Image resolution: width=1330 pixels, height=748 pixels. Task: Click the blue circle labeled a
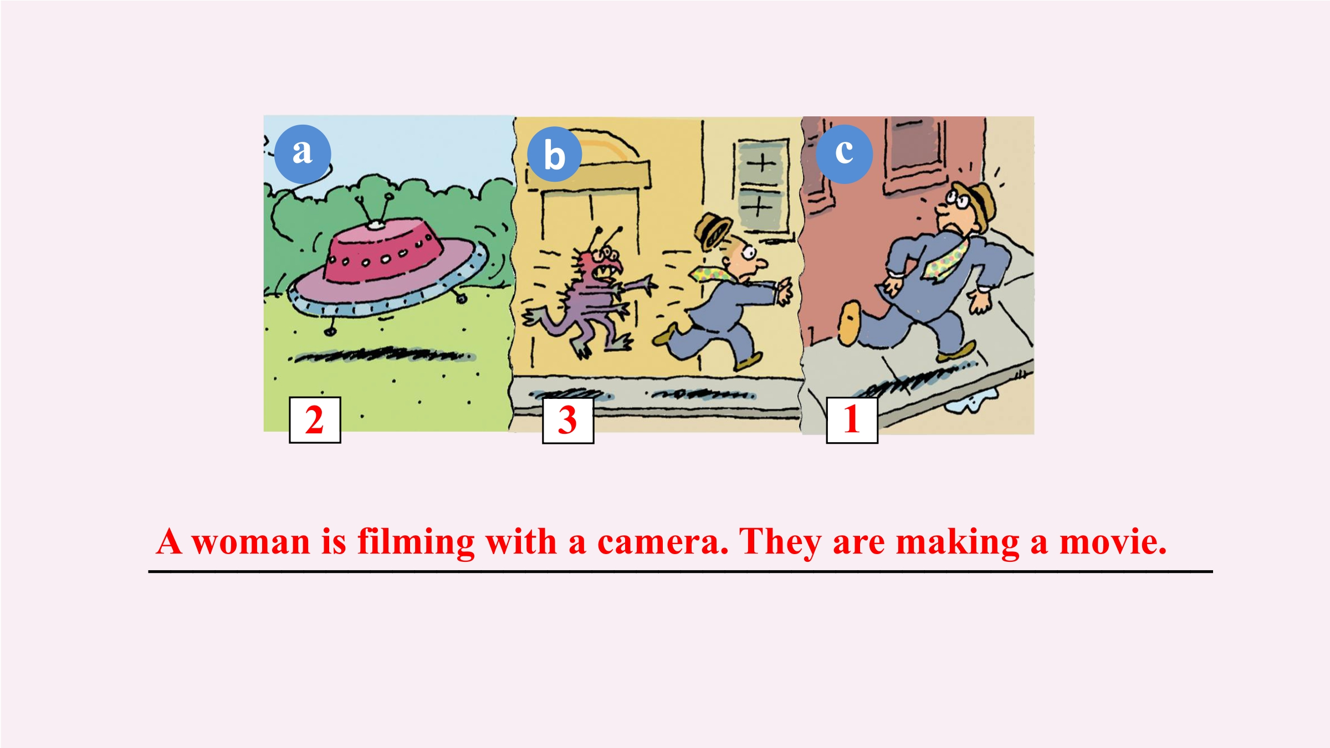coord(303,154)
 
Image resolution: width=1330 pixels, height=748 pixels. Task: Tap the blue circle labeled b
coord(554,154)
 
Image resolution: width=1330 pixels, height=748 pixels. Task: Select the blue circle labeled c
coord(844,154)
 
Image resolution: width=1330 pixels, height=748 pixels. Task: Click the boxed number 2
coord(315,420)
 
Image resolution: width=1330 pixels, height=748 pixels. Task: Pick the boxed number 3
coord(568,421)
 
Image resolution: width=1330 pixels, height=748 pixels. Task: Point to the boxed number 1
coord(852,420)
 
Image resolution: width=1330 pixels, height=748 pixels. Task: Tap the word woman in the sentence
coord(251,542)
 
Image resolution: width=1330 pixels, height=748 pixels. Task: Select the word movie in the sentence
coord(1113,542)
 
